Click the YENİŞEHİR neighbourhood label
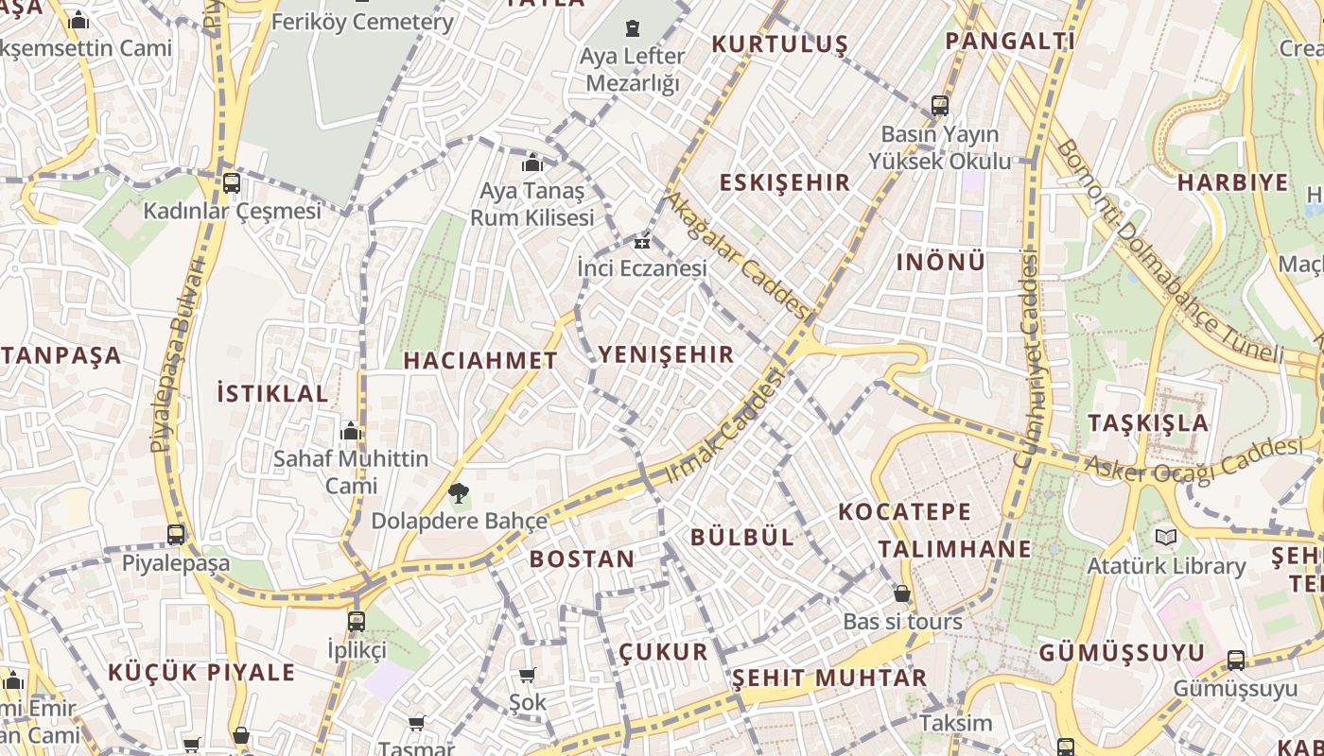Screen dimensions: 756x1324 [x=666, y=354]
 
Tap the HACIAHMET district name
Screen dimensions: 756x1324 [x=480, y=360]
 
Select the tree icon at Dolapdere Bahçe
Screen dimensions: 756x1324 [x=459, y=491]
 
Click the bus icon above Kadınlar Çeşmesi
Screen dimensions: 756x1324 [x=232, y=182]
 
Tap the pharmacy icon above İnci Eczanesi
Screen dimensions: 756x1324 [x=642, y=242]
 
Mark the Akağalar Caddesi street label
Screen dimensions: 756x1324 [x=739, y=255]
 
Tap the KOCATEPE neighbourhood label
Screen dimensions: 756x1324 [x=904, y=512]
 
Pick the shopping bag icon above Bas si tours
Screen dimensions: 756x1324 [x=902, y=593]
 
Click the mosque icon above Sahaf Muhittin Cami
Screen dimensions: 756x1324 [x=351, y=432]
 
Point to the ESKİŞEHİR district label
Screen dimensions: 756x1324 [x=785, y=182]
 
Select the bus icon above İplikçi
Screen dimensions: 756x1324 [x=357, y=621]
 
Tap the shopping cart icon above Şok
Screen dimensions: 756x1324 [x=528, y=675]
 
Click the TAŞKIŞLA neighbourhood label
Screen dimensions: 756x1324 [x=1148, y=422]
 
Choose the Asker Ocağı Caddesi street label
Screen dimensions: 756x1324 [x=1193, y=460]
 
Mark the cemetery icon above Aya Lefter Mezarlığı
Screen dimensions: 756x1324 [x=632, y=28]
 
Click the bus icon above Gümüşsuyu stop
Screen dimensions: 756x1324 [x=1236, y=660]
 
